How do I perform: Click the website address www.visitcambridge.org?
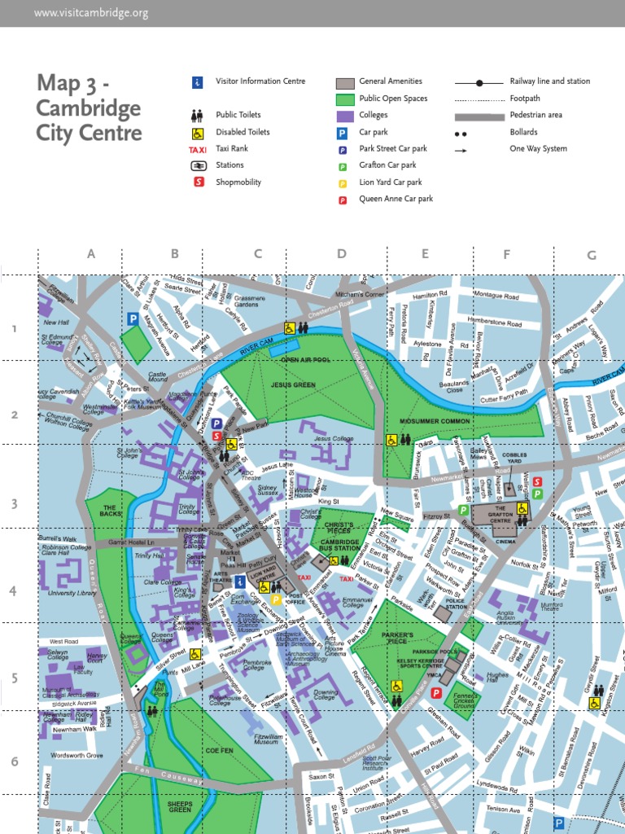tap(91, 13)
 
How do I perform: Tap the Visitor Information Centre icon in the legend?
tap(197, 81)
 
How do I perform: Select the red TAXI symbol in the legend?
tap(197, 149)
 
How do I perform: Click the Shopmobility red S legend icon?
tap(197, 182)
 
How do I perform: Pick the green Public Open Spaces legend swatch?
tap(345, 99)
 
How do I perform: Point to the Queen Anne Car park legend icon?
tap(343, 199)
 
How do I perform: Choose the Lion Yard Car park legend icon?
tap(343, 182)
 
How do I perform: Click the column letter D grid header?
tap(342, 254)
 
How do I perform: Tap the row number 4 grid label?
tap(13, 589)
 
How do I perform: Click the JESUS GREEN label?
tap(293, 384)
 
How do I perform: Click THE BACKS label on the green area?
tap(111, 511)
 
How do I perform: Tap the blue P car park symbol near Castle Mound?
tap(132, 319)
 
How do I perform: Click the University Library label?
tap(72, 594)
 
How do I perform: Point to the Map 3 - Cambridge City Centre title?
tap(89, 108)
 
